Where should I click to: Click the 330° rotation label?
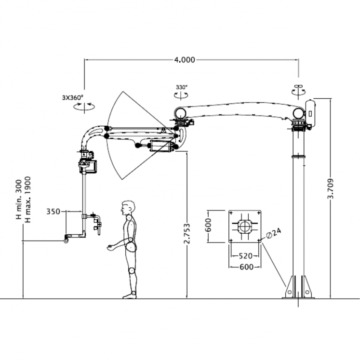(x=181, y=88)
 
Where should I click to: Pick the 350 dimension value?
(x=53, y=211)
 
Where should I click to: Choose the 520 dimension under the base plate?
(x=245, y=256)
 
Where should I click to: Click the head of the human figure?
(x=128, y=208)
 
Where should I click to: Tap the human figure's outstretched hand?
(x=111, y=247)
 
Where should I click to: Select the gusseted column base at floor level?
(x=297, y=288)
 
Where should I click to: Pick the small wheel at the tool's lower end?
(x=66, y=239)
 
